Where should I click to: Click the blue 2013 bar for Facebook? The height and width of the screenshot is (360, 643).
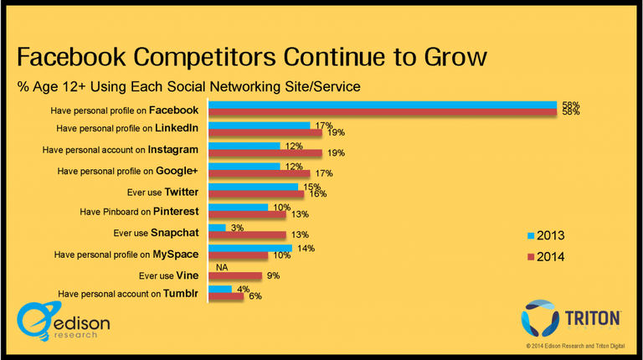coord(382,105)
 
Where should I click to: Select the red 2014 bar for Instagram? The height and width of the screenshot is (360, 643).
coord(265,153)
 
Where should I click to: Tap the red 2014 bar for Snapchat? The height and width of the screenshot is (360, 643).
coord(247,234)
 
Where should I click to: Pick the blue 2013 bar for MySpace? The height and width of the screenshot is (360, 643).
coord(249,248)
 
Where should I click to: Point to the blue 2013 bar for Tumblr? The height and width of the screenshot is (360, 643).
coord(219,288)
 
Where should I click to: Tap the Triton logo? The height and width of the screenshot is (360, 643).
coord(572,319)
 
